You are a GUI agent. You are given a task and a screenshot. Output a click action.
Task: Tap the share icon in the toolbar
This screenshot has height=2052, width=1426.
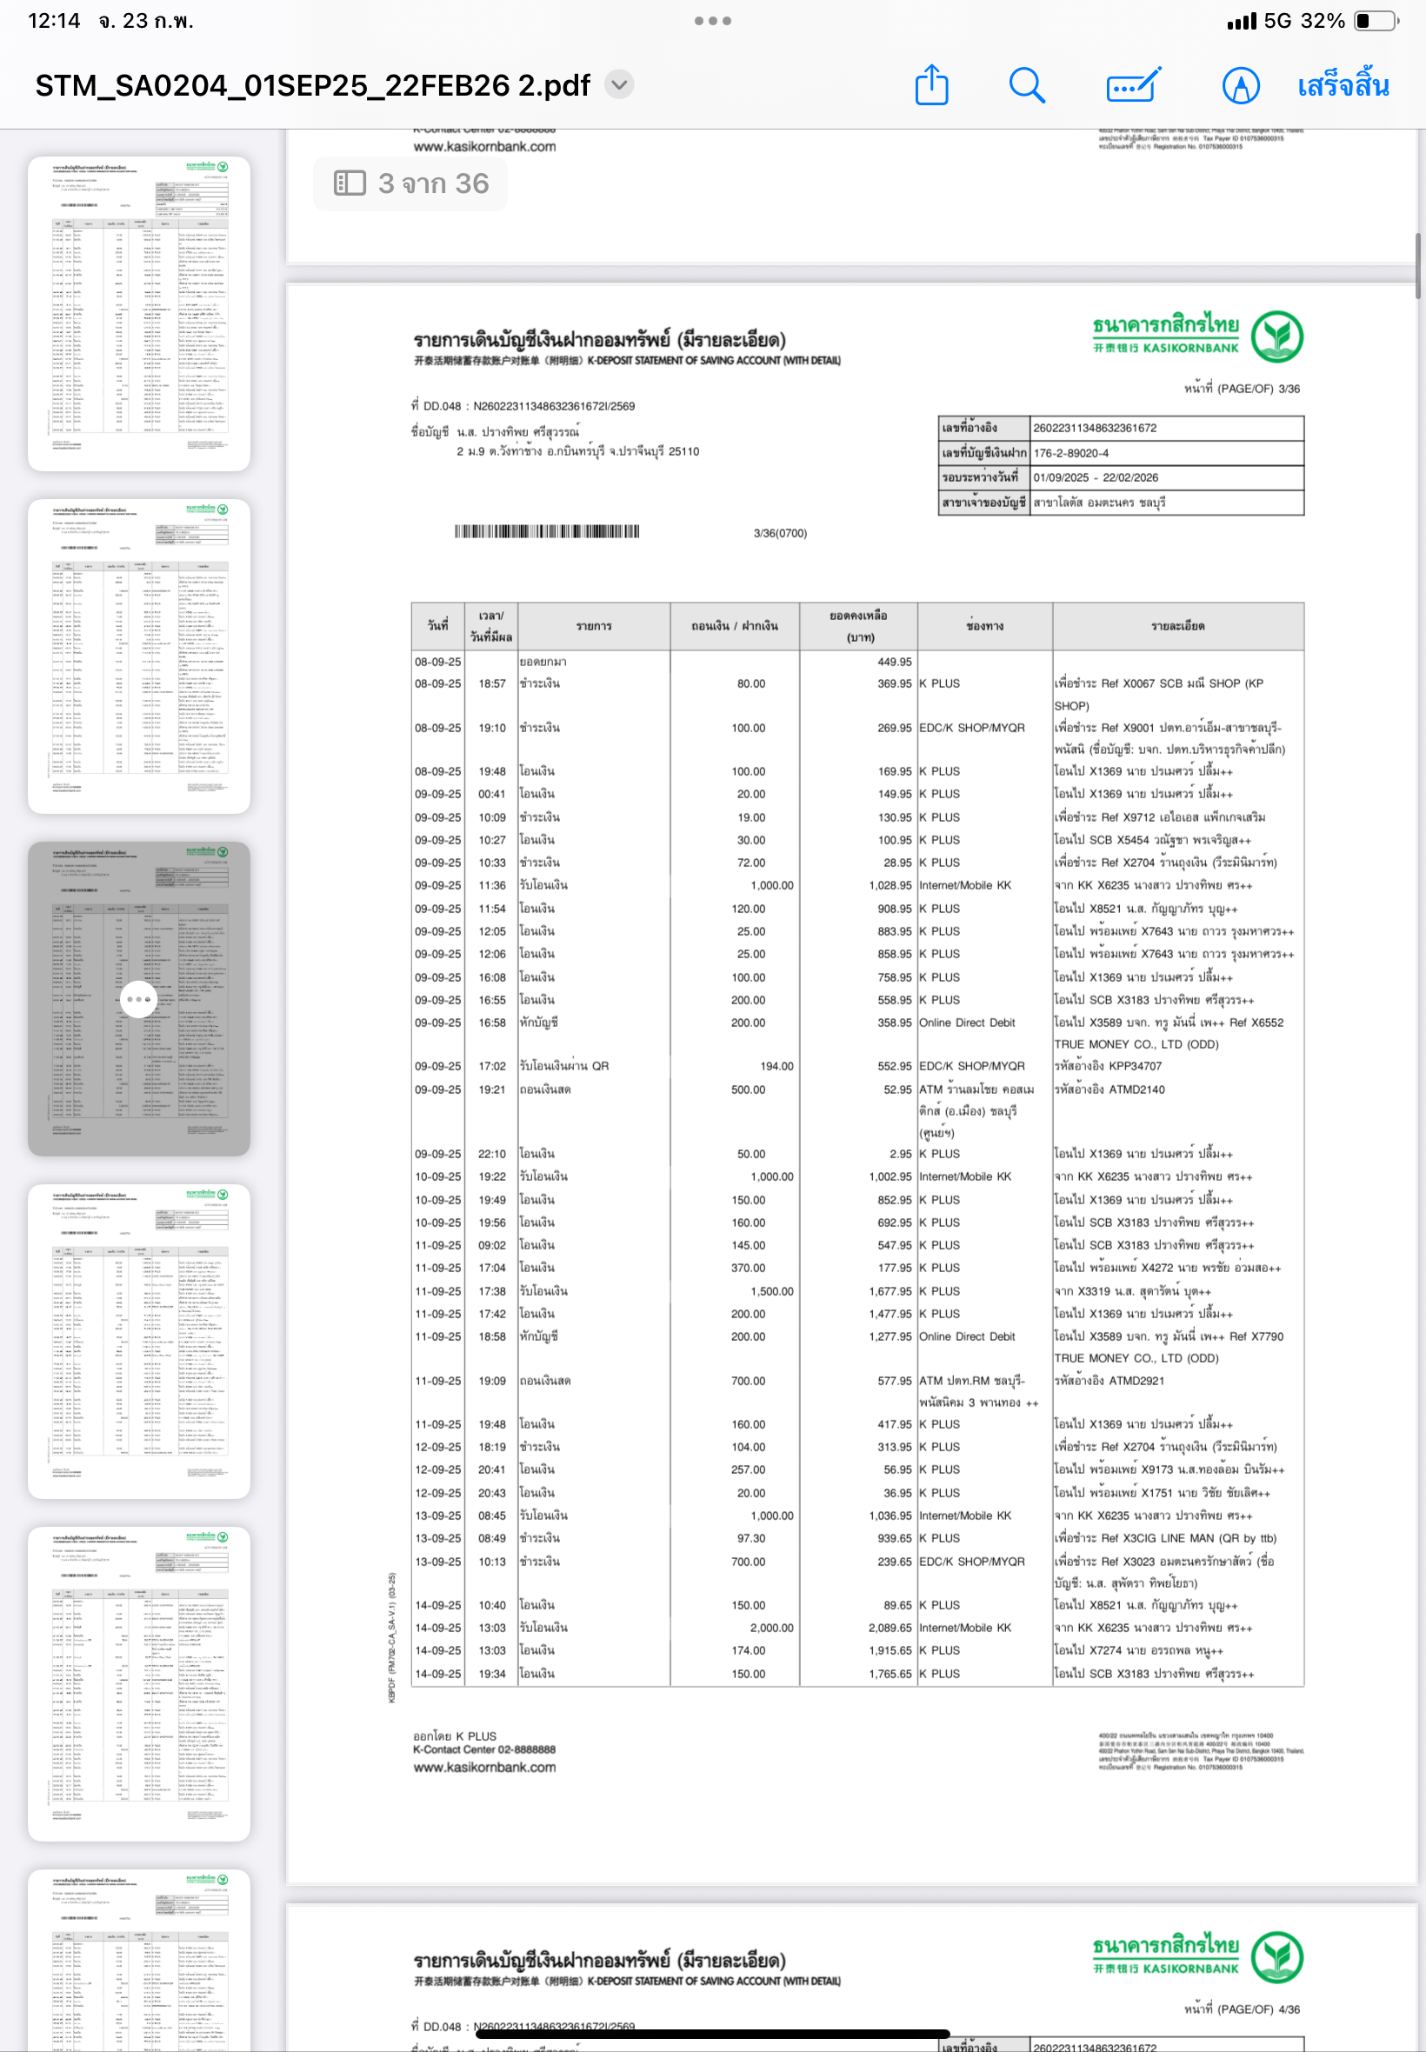tap(931, 86)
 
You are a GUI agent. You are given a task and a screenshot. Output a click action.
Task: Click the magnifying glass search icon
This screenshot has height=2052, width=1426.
tap(1027, 86)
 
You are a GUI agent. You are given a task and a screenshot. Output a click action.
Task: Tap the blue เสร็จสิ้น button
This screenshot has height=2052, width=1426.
tap(1342, 86)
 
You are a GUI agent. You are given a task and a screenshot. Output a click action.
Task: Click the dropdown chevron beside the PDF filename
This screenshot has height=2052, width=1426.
tap(619, 85)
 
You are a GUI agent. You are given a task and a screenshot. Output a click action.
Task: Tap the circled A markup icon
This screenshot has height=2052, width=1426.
tap(1240, 86)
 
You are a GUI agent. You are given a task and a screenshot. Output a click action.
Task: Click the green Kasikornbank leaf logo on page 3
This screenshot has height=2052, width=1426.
tap(1276, 336)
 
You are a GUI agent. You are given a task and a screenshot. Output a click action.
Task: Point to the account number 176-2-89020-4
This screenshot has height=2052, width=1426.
tap(1070, 453)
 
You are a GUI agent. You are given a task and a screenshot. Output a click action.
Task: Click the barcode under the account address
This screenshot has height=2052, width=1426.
tap(547, 531)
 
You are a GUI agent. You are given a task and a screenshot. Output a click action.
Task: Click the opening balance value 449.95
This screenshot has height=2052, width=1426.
tap(894, 662)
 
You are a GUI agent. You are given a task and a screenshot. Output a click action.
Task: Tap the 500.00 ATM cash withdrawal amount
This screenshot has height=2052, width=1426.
tap(748, 1089)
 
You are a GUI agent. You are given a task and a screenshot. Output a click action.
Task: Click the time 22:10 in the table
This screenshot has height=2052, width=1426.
tap(491, 1154)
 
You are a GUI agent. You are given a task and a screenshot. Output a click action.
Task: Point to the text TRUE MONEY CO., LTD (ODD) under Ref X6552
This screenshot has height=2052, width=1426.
tap(1136, 1044)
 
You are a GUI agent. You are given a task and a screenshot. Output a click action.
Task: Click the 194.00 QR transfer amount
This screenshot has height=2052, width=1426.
tap(776, 1066)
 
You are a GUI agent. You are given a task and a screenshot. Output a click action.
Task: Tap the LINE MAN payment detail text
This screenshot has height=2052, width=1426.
tap(1165, 1538)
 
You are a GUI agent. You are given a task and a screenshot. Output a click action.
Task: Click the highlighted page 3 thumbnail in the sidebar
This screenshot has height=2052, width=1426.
tap(138, 998)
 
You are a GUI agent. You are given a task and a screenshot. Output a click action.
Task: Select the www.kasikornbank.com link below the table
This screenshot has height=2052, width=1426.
tap(484, 1767)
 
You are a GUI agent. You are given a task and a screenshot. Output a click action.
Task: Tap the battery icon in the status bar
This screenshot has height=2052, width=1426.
tap(1375, 21)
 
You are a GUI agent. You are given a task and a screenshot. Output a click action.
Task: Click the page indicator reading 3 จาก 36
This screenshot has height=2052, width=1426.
tap(411, 183)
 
